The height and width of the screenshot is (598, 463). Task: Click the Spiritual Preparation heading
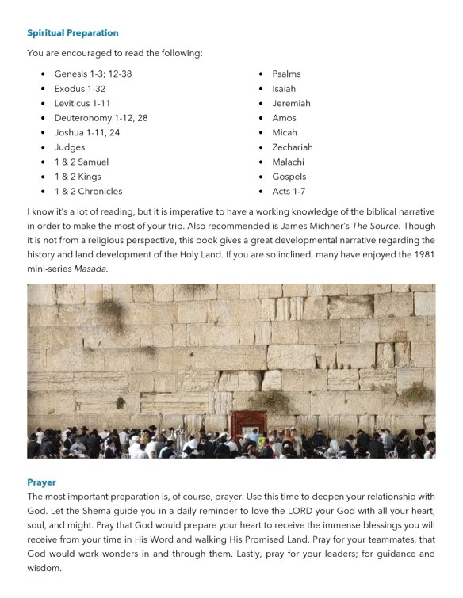click(73, 33)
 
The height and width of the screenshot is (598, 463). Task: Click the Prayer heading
click(41, 482)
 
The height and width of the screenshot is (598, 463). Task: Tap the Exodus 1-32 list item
click(80, 89)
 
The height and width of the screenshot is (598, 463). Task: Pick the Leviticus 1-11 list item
click(82, 103)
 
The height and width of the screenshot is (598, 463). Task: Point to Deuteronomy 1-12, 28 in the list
click(101, 118)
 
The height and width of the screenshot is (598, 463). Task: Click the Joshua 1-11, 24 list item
click(87, 132)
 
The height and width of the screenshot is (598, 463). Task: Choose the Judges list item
click(70, 147)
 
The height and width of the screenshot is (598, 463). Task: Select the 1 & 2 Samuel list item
click(82, 162)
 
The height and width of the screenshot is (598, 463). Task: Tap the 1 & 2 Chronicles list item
click(88, 191)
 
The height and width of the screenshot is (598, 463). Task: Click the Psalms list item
click(286, 74)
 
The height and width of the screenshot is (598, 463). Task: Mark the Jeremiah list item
click(291, 103)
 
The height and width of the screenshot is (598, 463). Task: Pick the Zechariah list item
click(293, 147)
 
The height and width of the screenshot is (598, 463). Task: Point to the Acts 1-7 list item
click(289, 191)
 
